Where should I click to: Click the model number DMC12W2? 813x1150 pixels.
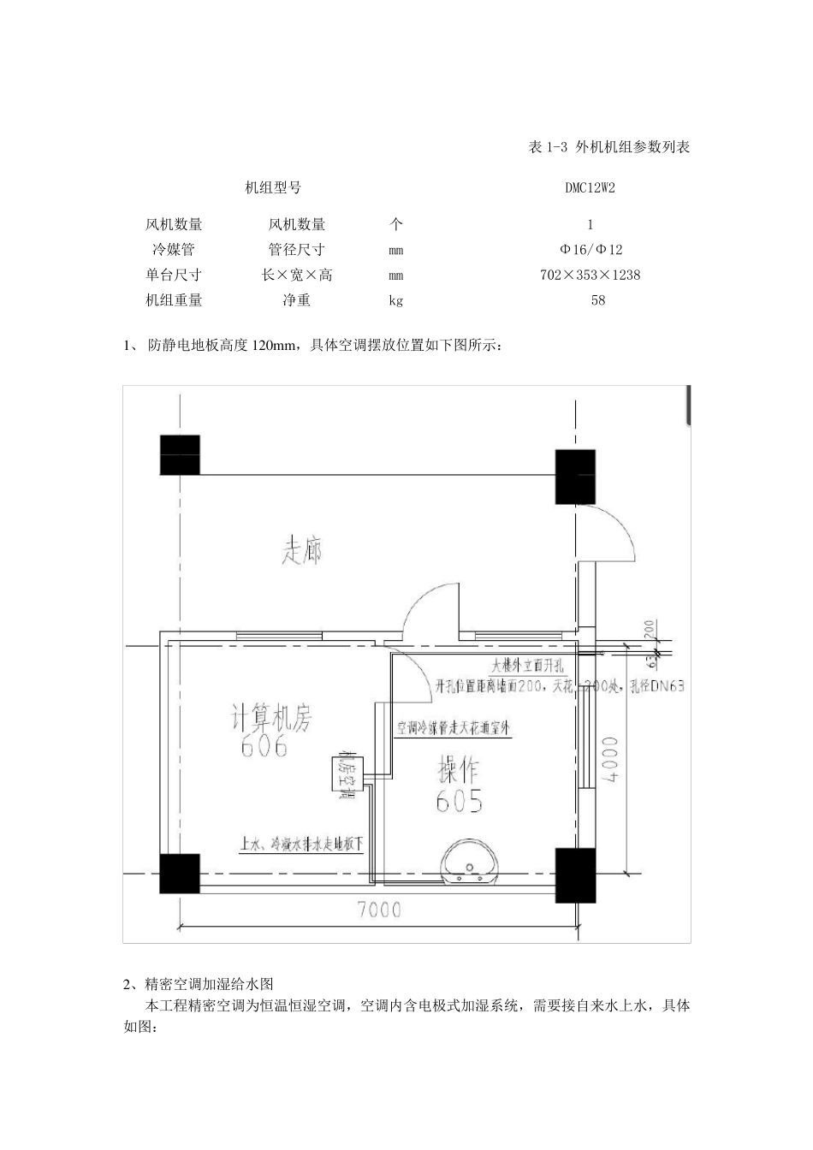[x=590, y=188]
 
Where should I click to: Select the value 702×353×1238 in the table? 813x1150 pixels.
[x=590, y=276]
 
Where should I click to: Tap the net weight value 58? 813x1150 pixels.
[x=597, y=300]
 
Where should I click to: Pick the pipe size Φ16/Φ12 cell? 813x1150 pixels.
[x=590, y=250]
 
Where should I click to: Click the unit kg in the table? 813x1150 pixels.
[x=395, y=300]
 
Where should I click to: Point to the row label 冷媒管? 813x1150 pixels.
[x=174, y=250]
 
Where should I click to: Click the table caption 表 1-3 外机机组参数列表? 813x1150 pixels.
[x=609, y=147]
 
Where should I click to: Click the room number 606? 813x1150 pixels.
[x=264, y=747]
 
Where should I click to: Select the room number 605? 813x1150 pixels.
[x=460, y=802]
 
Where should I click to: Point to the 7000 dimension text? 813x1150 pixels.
[x=379, y=910]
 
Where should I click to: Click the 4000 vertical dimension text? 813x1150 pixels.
[x=610, y=756]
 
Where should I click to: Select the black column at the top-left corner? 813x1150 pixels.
[x=180, y=454]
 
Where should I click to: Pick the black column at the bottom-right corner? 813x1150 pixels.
[x=575, y=871]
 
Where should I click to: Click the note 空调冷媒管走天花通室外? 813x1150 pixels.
[x=453, y=729]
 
